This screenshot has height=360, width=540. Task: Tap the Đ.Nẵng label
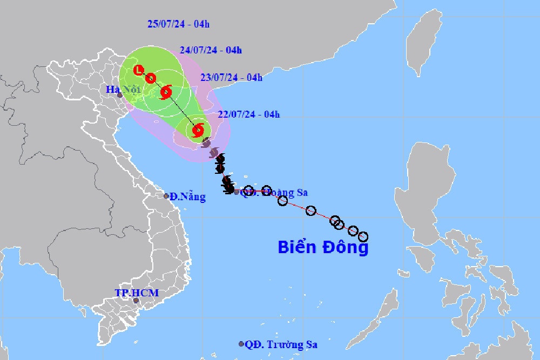(x=187, y=197)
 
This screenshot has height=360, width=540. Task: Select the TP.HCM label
(x=137, y=293)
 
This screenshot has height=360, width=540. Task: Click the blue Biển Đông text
(x=323, y=247)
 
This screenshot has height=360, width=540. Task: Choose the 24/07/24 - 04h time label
(x=211, y=50)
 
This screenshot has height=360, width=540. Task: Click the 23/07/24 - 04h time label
(x=231, y=77)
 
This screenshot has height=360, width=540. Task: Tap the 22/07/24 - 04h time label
(x=249, y=114)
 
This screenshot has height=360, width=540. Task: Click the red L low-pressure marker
(x=139, y=70)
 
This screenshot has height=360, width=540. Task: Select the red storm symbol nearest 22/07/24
(x=198, y=130)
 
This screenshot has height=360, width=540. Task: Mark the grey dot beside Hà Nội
(x=120, y=96)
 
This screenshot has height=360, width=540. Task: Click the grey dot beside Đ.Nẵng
(x=166, y=196)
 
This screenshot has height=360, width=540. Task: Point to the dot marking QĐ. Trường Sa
(x=241, y=344)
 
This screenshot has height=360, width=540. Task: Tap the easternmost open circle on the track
(x=363, y=236)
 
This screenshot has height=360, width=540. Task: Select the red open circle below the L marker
(x=151, y=78)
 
